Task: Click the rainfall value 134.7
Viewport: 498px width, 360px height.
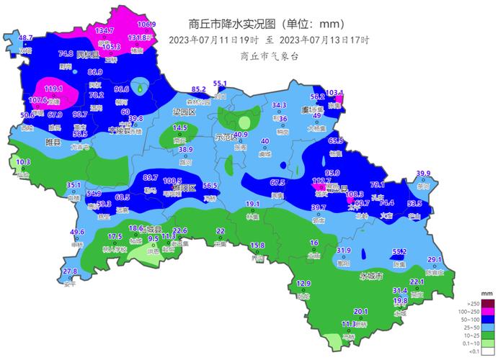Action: (105, 30)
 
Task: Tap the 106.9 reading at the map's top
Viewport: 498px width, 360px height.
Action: (146, 24)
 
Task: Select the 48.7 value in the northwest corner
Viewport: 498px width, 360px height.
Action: (26, 37)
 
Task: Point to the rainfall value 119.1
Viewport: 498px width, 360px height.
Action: (53, 89)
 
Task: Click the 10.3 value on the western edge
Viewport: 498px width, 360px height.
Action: (23, 162)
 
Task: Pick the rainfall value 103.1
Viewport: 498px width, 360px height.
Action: (335, 93)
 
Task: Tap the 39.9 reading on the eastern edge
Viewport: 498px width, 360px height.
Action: (424, 174)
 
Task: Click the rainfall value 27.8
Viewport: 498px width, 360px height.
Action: (69, 271)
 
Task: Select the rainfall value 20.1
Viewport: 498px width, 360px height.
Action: (361, 311)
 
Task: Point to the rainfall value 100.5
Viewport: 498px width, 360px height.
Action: (172, 181)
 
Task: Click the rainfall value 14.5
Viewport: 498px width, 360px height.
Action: (180, 127)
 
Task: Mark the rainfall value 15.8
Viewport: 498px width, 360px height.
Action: (257, 246)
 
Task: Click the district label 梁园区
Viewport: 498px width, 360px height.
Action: (184, 112)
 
